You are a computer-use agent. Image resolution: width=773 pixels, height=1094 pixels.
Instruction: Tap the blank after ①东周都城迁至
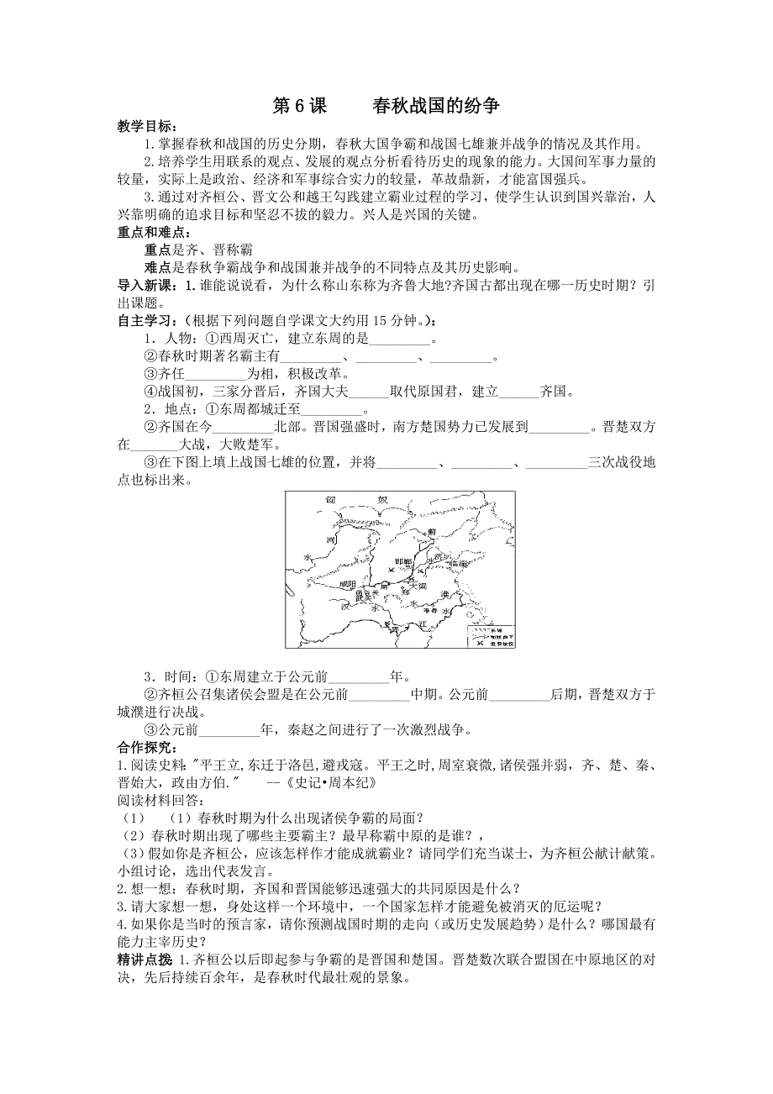(x=330, y=412)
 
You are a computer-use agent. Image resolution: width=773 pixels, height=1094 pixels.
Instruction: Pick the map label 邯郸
(x=402, y=561)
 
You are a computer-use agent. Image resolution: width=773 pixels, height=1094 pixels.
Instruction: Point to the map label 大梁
(x=418, y=586)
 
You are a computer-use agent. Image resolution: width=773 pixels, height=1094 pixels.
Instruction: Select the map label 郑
(x=403, y=592)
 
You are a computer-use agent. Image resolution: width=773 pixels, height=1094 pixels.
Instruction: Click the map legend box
(x=490, y=636)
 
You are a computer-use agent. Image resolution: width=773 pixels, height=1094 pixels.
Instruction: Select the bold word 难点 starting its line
(x=159, y=269)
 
